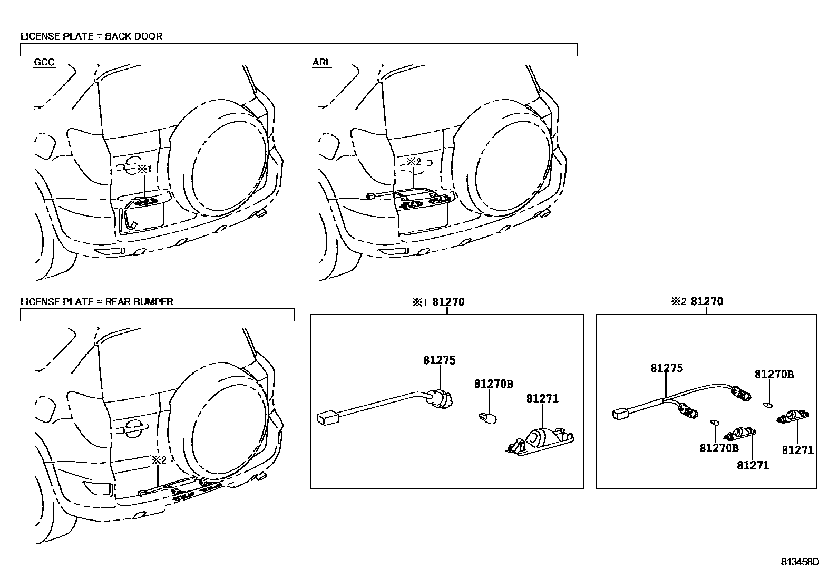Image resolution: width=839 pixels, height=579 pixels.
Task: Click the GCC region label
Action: click(44, 62)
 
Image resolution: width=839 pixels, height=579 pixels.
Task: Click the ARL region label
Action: click(321, 62)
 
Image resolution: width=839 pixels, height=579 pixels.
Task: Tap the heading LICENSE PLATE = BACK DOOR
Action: click(91, 36)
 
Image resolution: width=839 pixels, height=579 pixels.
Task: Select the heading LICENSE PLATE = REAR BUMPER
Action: click(96, 302)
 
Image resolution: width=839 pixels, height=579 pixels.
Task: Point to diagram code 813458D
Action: click(800, 562)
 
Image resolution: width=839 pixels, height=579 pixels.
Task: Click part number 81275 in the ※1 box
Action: click(439, 361)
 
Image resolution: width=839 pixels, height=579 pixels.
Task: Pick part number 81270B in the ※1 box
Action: click(493, 384)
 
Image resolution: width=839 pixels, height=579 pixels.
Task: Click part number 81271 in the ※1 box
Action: click(542, 399)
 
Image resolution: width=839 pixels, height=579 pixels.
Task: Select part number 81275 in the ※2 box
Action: click(667, 368)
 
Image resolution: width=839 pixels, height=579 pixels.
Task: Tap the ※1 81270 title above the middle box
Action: click(438, 302)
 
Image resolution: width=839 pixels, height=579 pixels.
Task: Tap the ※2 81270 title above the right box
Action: click(697, 302)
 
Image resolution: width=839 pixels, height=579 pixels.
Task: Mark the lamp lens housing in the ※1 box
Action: click(540, 439)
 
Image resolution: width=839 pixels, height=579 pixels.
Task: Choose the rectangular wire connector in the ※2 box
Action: click(619, 414)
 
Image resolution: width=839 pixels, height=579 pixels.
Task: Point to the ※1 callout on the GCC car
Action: click(144, 169)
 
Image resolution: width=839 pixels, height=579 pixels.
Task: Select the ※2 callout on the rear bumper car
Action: click(159, 460)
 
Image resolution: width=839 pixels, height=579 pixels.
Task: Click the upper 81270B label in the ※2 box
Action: click(774, 375)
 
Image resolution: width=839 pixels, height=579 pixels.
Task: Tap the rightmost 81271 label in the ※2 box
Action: click(797, 450)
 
